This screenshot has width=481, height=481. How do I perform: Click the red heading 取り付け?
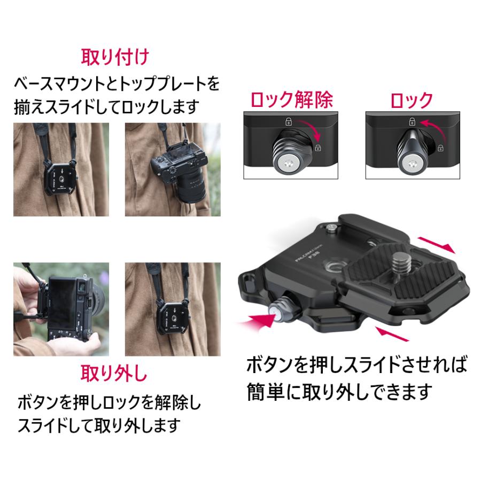click(x=114, y=57)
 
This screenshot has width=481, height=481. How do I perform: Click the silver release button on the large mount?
click(x=281, y=308)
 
